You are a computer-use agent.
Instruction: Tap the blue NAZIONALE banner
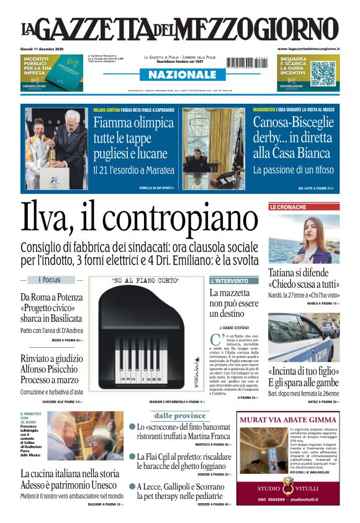point(179,75)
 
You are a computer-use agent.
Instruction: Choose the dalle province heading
point(179,416)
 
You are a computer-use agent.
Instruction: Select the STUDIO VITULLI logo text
point(288,488)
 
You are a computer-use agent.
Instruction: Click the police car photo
point(304,339)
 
